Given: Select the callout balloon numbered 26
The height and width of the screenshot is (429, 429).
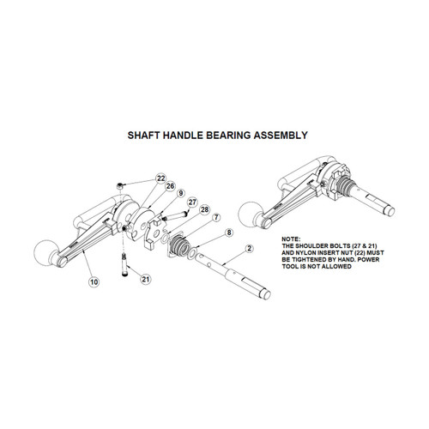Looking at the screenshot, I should [170, 186].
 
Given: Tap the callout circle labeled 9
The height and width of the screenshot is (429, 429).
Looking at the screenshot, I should [179, 194].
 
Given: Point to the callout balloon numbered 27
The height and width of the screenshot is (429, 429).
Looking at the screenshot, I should [192, 202].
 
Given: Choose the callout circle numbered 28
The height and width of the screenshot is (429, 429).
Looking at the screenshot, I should [204, 210].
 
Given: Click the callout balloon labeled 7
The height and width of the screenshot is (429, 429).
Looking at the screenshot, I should [217, 219].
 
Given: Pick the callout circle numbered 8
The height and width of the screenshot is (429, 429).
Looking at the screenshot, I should [229, 233].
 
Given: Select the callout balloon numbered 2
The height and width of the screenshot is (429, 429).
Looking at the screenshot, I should [249, 249].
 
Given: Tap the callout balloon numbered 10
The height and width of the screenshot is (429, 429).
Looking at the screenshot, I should [92, 280].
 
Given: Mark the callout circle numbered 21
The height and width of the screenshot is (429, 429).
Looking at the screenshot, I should [145, 280].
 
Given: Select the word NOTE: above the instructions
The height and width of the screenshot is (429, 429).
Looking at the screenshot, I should [292, 238].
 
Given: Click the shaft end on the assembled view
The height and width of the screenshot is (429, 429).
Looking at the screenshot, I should [391, 208].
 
